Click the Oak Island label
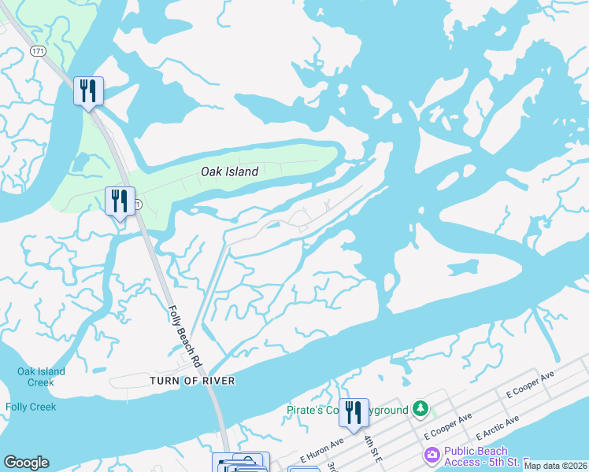(x=229, y=171)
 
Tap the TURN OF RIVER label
(x=192, y=381)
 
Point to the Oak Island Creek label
(x=41, y=377)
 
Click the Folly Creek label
(x=31, y=407)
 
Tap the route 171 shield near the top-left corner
(x=38, y=50)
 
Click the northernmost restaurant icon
(x=88, y=90)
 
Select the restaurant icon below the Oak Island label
(x=120, y=201)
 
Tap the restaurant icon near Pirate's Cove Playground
(x=354, y=412)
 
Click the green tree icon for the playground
(x=421, y=408)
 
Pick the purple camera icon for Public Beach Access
(x=431, y=455)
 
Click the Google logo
(x=26, y=463)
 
